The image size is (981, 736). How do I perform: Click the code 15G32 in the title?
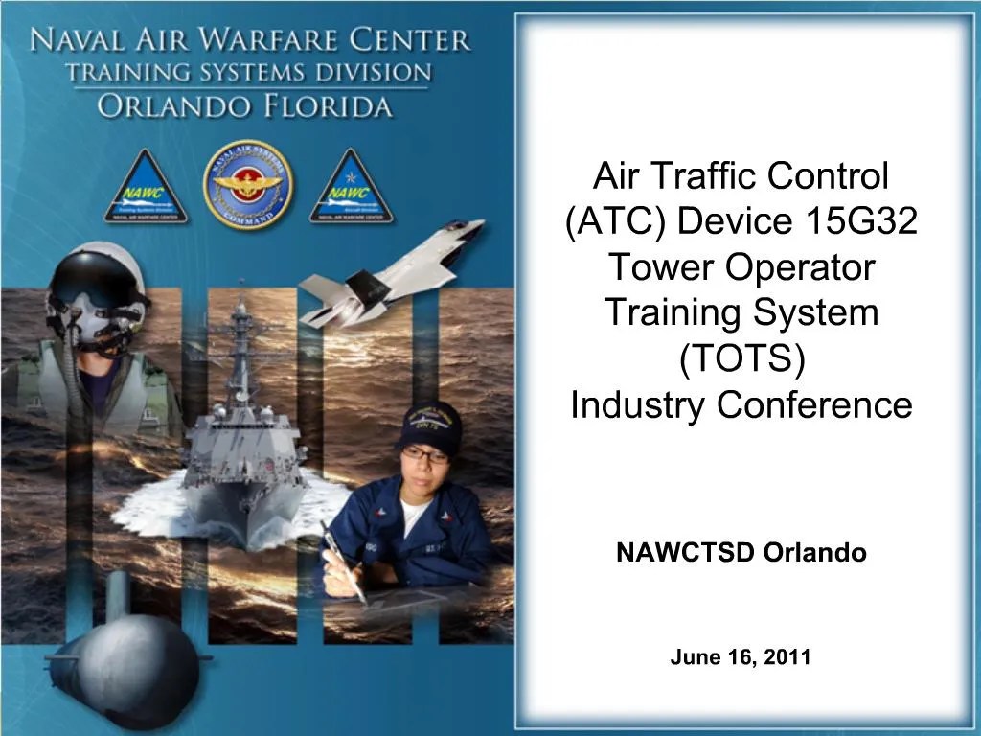856,221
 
